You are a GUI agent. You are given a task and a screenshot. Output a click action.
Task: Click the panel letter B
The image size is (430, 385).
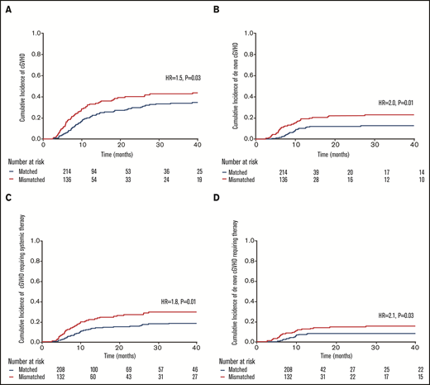coord(218,9)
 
